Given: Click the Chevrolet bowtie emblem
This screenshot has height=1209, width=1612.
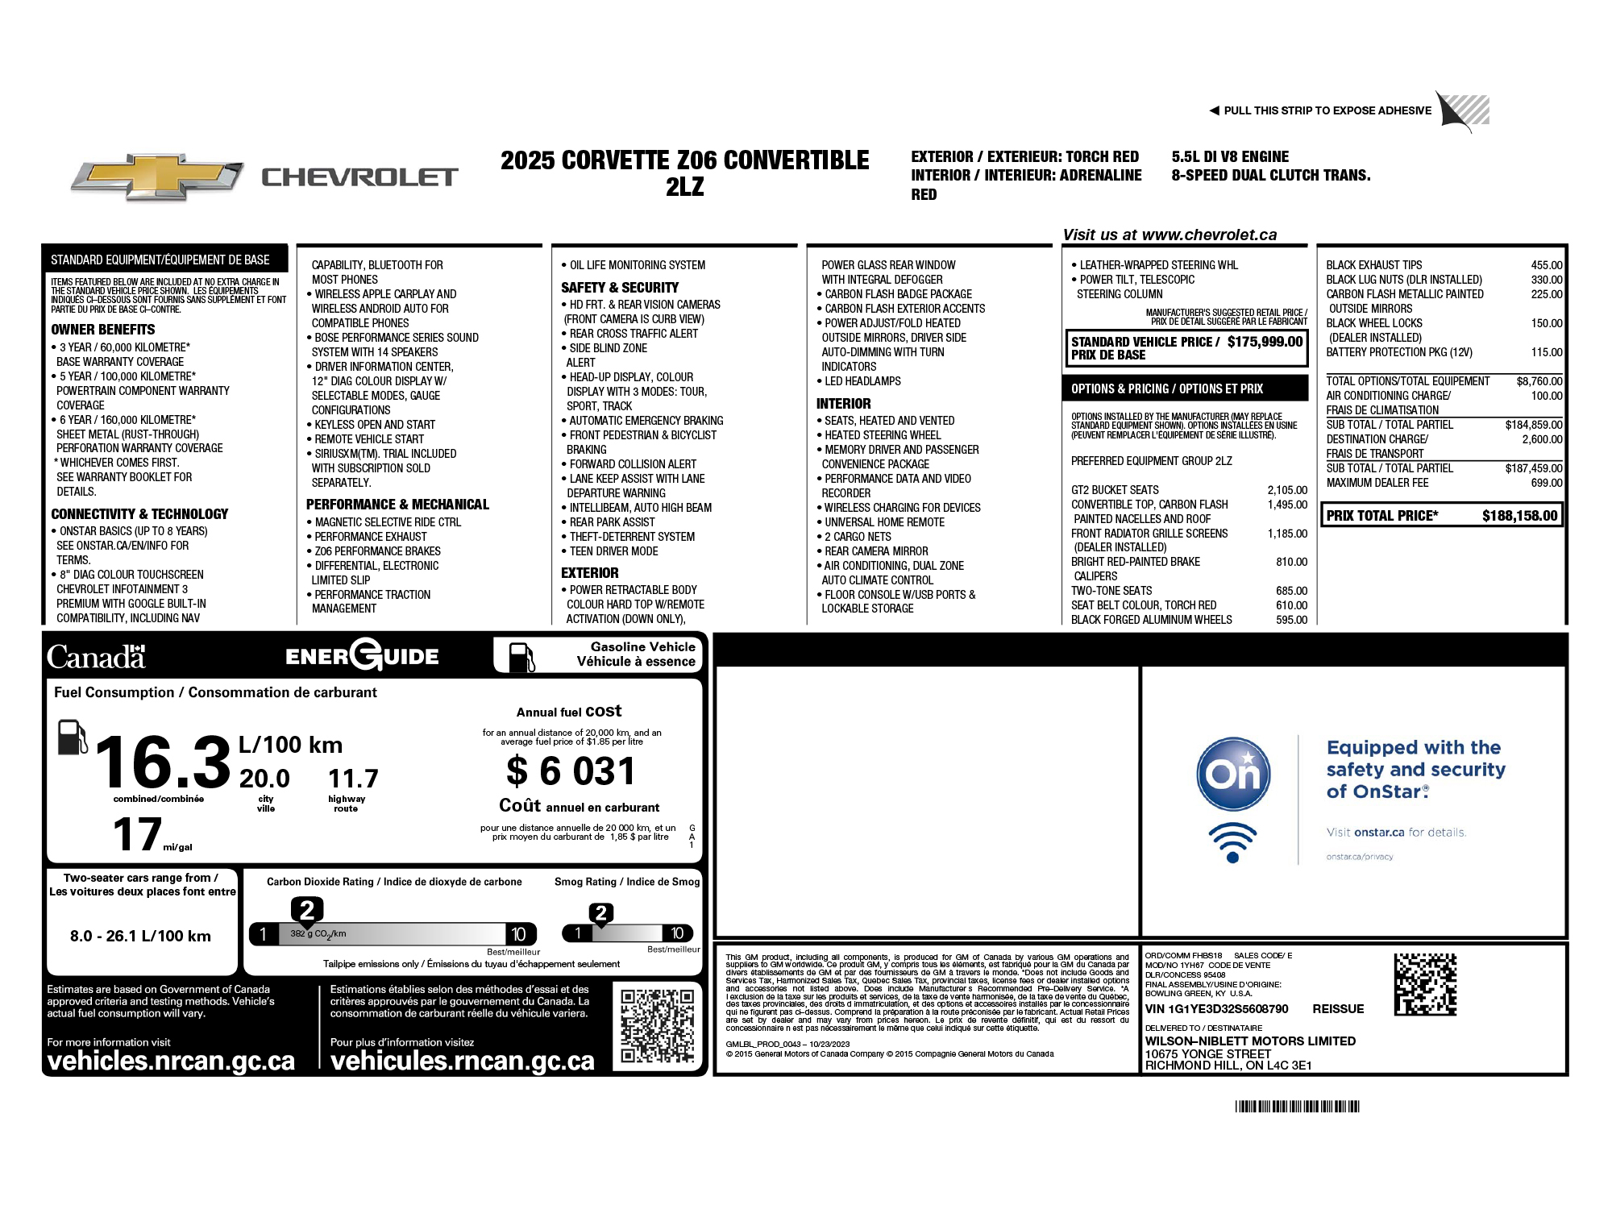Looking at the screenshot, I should (x=156, y=177).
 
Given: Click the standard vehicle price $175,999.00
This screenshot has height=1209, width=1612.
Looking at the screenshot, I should (x=1265, y=342).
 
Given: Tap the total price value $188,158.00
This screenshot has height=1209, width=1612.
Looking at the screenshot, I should (x=1519, y=516).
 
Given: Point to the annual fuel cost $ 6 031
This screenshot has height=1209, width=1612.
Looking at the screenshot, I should (x=571, y=771).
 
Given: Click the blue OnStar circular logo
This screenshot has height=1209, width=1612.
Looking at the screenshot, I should (x=1232, y=775).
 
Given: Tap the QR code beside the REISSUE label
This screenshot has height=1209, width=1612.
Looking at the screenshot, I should (x=1425, y=984).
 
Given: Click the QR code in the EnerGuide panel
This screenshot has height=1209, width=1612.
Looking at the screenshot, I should (x=657, y=1025).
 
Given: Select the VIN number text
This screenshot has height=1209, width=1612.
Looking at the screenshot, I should (x=1216, y=1009).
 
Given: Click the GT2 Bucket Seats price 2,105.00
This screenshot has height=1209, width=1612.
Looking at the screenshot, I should (x=1287, y=490).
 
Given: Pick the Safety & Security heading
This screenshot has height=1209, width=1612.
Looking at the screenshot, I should (x=619, y=288).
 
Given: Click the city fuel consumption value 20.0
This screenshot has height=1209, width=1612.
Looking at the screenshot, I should (x=264, y=779).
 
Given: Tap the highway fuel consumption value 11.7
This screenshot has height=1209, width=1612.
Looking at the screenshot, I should (x=353, y=779).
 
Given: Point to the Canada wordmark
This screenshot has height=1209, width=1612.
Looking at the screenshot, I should (x=96, y=657).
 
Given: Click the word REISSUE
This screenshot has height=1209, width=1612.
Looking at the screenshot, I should (x=1338, y=1009).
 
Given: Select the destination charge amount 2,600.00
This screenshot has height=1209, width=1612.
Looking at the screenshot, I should (x=1541, y=439).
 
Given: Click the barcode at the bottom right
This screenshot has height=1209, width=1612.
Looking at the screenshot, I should (x=1297, y=1107).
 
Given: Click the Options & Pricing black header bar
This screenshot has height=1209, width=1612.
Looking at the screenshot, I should (x=1184, y=388).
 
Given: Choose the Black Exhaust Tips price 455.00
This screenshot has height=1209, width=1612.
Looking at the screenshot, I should (x=1546, y=265).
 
